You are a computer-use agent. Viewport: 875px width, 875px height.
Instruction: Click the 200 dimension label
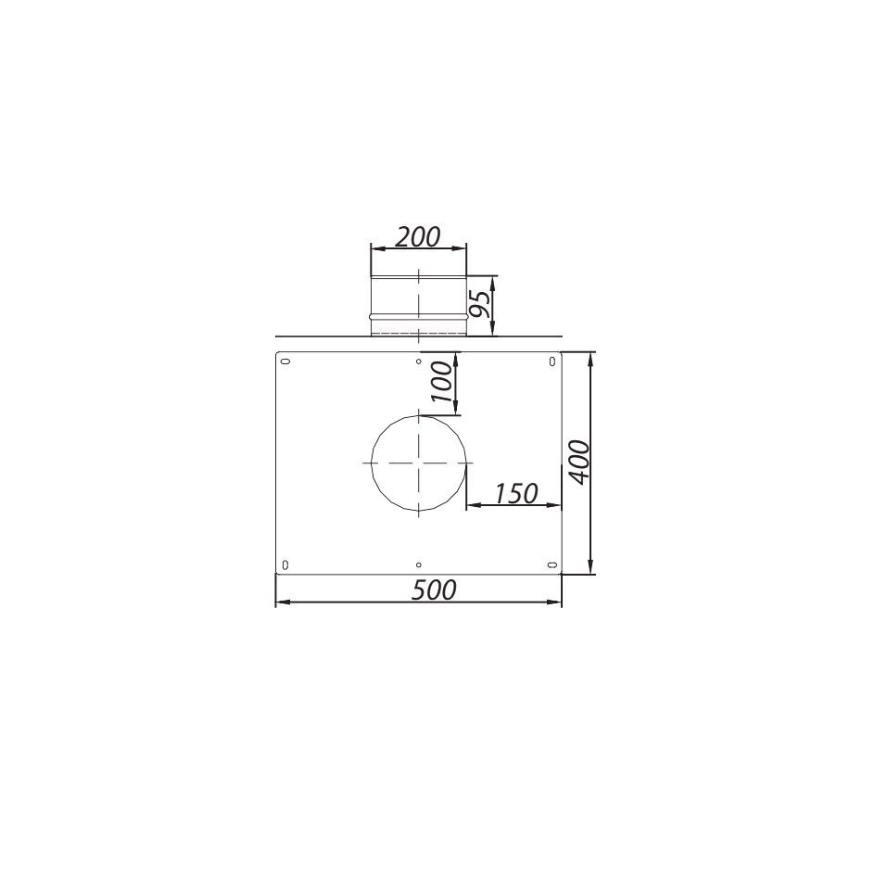(418, 236)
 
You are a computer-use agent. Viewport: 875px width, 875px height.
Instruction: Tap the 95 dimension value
(480, 304)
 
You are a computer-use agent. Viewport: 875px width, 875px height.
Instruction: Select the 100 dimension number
(442, 382)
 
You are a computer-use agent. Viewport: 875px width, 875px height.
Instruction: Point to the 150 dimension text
(516, 493)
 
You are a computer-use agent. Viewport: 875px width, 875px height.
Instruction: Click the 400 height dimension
(580, 463)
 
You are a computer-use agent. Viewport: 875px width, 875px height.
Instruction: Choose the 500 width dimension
(434, 590)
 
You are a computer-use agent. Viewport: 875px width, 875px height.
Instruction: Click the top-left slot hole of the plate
(285, 361)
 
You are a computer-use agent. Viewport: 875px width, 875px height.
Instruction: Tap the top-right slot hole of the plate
(552, 361)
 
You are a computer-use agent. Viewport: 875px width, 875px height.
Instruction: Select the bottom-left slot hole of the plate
(285, 564)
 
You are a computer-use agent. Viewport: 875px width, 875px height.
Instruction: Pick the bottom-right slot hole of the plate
(552, 564)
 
